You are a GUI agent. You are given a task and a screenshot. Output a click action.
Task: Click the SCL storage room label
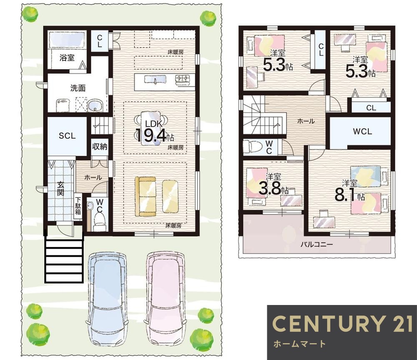coord(67,136)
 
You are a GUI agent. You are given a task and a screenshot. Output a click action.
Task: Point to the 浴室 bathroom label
coord(67,57)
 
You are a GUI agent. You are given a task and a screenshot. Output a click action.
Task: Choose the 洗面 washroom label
coord(78,88)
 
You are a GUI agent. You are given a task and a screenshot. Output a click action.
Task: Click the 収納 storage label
coord(100,146)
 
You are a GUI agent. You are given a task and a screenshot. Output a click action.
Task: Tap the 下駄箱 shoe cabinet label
coord(78,205)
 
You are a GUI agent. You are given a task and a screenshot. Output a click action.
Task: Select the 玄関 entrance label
coord(60,189)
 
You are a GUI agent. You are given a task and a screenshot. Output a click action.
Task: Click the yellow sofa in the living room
coord(145,197)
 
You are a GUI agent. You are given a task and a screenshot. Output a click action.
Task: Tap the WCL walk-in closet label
coord(362,132)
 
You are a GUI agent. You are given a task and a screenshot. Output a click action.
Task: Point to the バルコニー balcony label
coord(317,244)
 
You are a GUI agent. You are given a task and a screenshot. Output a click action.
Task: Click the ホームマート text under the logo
coord(299,344)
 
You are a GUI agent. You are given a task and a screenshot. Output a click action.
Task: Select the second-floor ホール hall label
coord(306,121)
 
